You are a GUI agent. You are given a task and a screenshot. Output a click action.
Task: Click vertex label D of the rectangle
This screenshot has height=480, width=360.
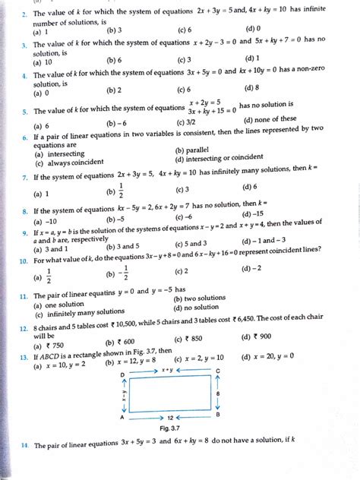tap(122, 375)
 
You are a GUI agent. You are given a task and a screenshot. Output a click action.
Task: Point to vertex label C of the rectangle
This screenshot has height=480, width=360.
tap(218, 371)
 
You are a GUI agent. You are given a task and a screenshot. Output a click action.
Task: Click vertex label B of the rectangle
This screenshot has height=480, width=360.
tap(218, 415)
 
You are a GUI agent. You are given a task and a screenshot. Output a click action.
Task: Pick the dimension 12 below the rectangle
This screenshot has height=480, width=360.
tap(171, 418)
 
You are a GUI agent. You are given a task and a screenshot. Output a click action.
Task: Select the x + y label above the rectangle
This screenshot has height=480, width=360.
tap(169, 370)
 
